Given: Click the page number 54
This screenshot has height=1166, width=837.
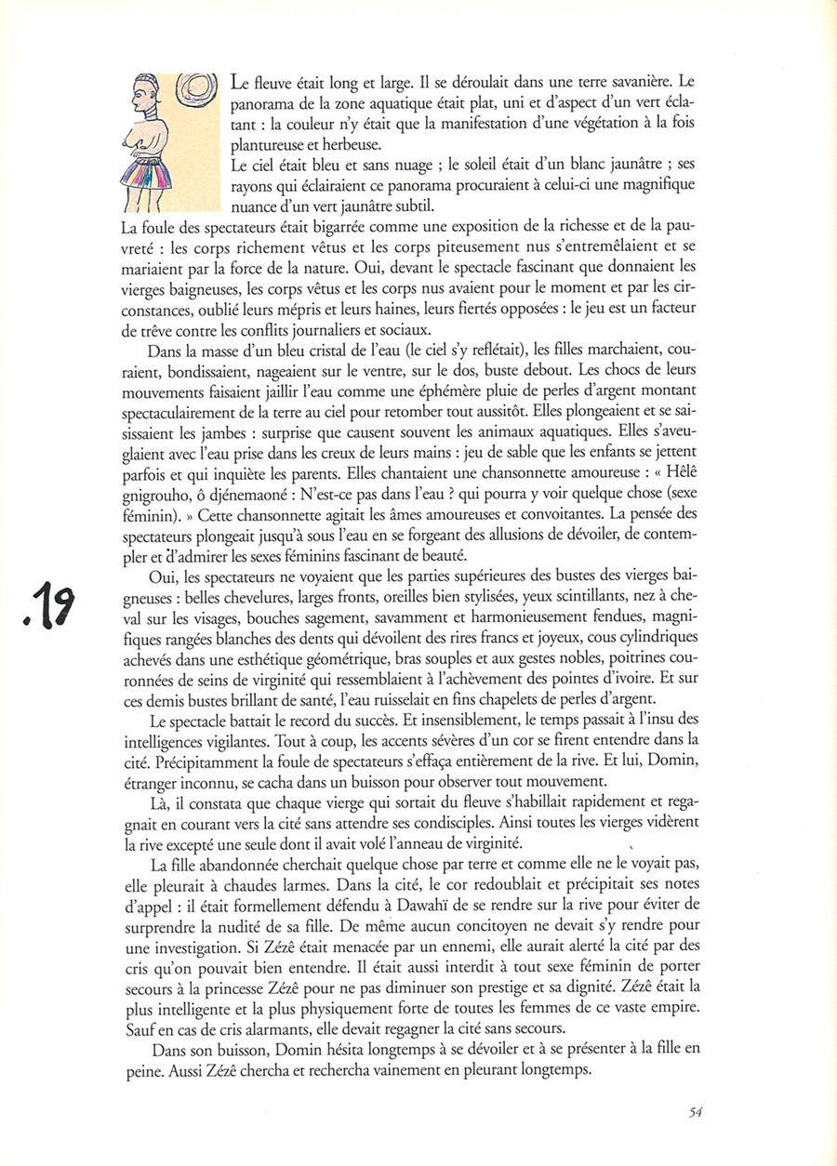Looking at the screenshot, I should (695, 1111).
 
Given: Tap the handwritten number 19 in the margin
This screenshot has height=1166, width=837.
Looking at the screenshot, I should (69, 607).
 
